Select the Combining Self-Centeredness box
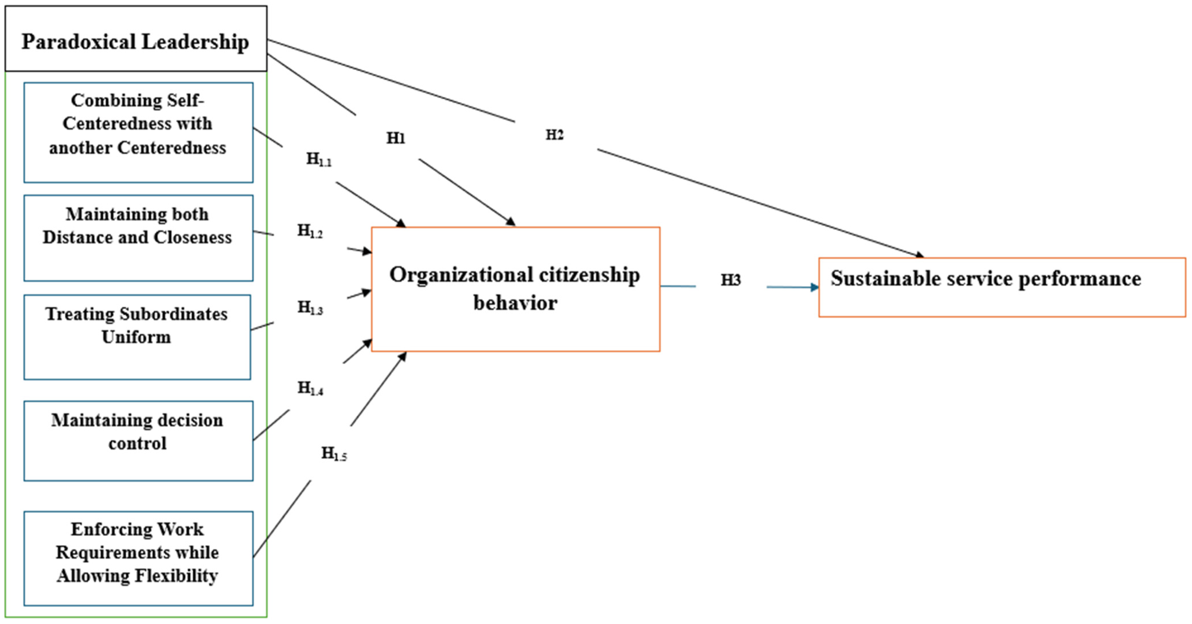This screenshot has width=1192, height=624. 138,132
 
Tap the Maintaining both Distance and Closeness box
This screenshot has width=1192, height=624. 138,238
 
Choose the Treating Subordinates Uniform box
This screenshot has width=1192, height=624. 137,337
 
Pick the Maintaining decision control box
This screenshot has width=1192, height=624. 138,441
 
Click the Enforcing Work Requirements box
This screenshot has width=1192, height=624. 138,558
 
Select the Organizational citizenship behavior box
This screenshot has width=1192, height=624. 516,289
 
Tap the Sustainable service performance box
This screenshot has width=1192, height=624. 1002,287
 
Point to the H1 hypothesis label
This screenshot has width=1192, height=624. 396,138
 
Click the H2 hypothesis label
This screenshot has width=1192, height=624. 554,135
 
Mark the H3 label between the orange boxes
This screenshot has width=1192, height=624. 731,280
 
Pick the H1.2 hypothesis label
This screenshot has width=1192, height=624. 310,231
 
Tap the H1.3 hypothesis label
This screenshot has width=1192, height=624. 310,307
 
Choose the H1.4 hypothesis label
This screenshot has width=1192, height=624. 310,388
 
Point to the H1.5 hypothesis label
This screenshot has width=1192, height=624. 334,454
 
